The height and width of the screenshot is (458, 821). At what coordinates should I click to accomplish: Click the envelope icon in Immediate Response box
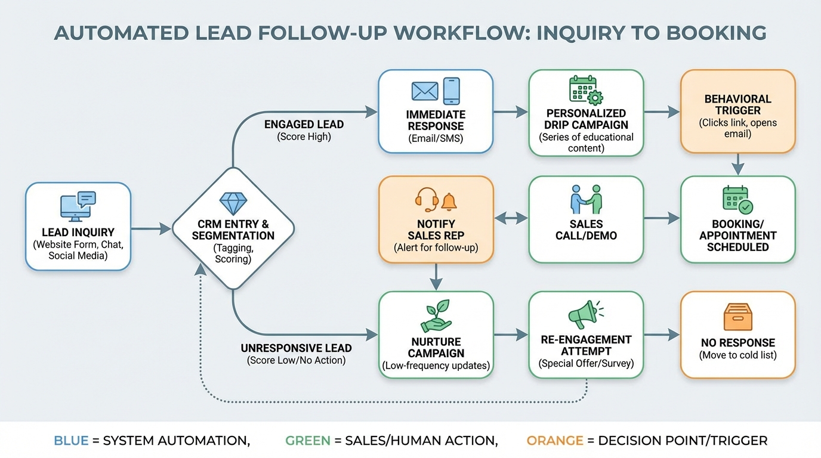425,91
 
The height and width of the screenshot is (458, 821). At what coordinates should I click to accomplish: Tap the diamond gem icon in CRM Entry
233,203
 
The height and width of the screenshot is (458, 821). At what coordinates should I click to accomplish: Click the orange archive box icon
737,317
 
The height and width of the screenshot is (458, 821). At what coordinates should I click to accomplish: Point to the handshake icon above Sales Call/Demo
586,199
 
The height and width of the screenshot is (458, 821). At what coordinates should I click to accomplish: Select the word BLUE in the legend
71,441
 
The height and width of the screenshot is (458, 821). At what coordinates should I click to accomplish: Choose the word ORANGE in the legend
555,441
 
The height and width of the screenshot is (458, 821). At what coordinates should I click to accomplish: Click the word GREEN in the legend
307,441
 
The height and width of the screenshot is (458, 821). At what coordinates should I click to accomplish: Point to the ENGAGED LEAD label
304,125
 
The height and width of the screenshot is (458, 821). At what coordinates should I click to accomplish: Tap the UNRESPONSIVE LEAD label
296,348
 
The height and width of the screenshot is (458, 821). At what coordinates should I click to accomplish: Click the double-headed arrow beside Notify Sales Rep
511,219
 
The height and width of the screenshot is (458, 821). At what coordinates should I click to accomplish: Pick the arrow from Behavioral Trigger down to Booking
738,164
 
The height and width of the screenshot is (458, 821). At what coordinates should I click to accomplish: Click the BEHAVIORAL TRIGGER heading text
737,104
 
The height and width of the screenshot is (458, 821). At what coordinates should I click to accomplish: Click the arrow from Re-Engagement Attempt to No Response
662,335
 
